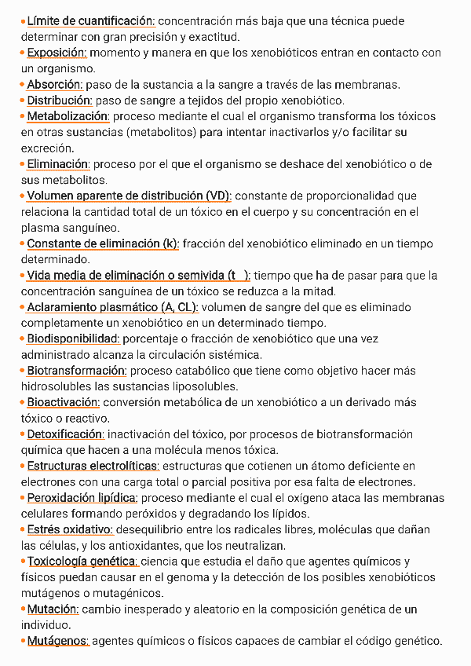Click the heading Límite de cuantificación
point(90,21)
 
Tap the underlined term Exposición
point(57,53)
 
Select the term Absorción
point(54,84)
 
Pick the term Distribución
point(60,101)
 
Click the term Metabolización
point(68,116)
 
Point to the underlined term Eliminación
point(58,164)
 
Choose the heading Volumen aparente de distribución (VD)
point(129,196)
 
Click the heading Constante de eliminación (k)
point(103,243)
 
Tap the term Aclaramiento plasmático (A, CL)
point(112,307)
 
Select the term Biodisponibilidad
point(73,338)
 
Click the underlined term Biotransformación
point(76,371)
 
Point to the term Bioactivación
point(63,402)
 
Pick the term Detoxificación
point(65,434)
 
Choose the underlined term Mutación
point(53,609)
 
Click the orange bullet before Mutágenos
point(23,641)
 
